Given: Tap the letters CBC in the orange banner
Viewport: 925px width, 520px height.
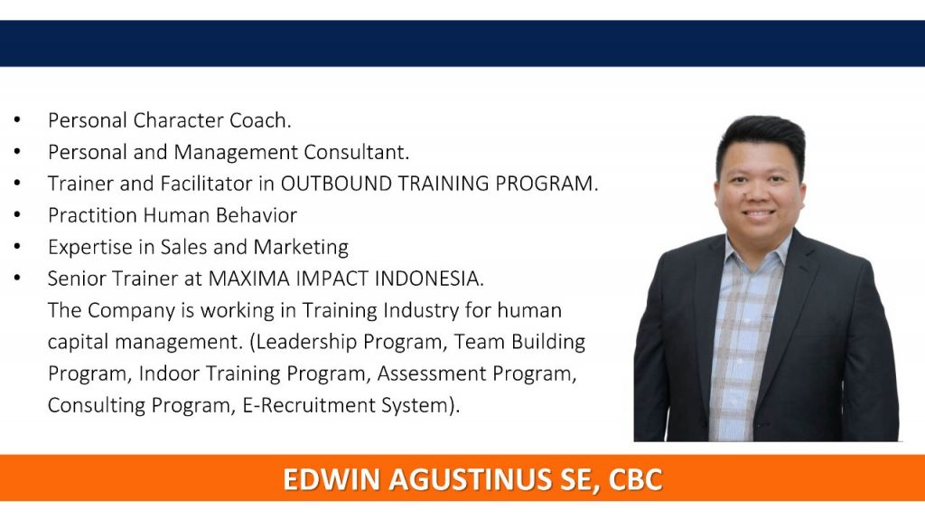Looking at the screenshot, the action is click(x=635, y=479).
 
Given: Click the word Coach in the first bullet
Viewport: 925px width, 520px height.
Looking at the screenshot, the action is click(x=259, y=120).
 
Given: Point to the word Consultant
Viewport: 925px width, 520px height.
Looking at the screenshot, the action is click(x=356, y=153).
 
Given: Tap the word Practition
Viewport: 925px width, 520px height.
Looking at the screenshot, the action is click(x=93, y=215).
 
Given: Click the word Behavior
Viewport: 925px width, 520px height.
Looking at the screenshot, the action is click(x=256, y=215).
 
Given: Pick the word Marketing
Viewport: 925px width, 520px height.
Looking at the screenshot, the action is click(x=301, y=248).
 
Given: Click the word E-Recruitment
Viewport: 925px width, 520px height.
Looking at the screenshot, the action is click(x=309, y=405).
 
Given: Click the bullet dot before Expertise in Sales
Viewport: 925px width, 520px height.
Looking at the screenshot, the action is click(x=17, y=246).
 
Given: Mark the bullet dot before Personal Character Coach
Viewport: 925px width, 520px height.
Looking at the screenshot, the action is click(x=17, y=120).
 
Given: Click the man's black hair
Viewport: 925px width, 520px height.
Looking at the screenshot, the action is click(x=761, y=139).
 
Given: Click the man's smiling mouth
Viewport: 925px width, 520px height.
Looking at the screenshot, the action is click(x=759, y=213).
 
